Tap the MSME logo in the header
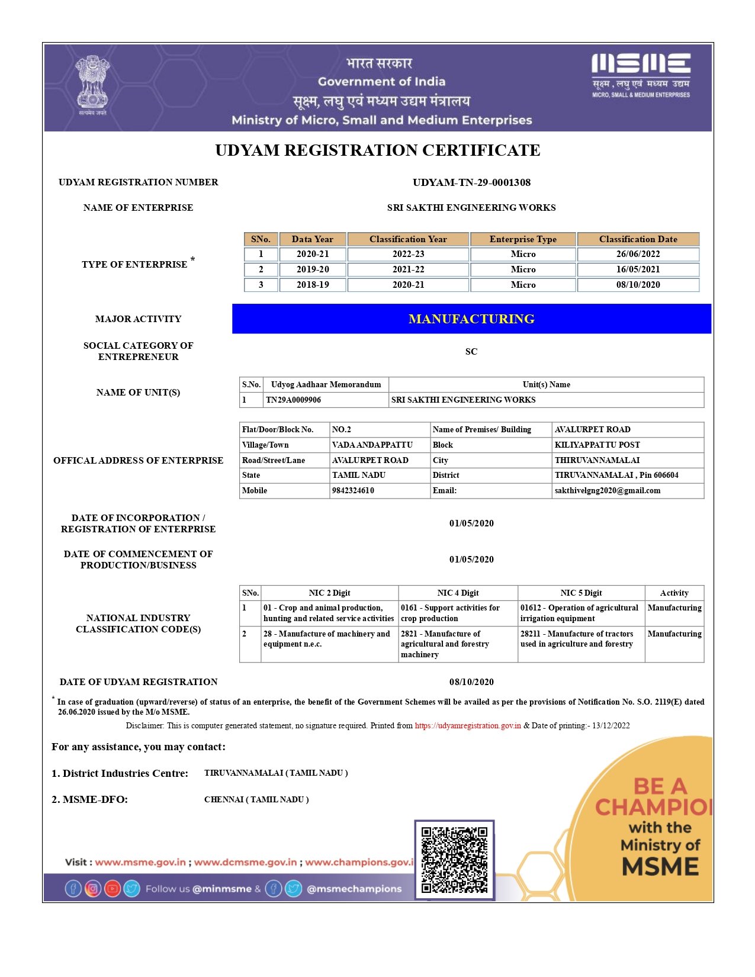pyautogui.click(x=641, y=75)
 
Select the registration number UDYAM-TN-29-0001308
pyautogui.click(x=471, y=182)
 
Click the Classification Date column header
pyautogui.click(x=638, y=239)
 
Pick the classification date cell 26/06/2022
pyautogui.click(x=638, y=254)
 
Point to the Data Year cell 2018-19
pyautogui.click(x=313, y=285)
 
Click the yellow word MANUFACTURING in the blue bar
pyautogui.click(x=471, y=319)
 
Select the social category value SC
pyautogui.click(x=471, y=352)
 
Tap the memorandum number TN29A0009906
pyautogui.click(x=294, y=400)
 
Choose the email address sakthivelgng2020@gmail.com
pyautogui.click(x=607, y=490)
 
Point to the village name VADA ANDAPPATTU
pyautogui.click(x=372, y=445)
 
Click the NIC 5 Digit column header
pyautogui.click(x=581, y=593)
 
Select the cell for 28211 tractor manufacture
pyautogui.click(x=577, y=639)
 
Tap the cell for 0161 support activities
pyautogui.click(x=450, y=613)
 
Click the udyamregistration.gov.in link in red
pyautogui.click(x=468, y=725)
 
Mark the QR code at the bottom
pyautogui.click(x=454, y=860)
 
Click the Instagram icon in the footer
pyautogui.click(x=93, y=889)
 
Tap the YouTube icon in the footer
pyautogui.click(x=113, y=889)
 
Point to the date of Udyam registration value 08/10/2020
pyautogui.click(x=471, y=682)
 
